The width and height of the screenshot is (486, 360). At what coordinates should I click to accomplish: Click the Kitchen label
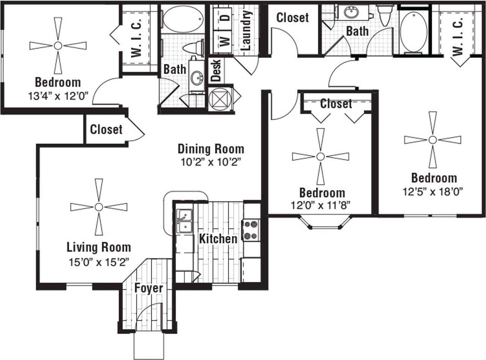tap(218, 239)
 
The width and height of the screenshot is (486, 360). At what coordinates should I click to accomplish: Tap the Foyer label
tap(149, 288)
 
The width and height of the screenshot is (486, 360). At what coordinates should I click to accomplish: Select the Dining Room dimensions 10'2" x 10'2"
tap(211, 162)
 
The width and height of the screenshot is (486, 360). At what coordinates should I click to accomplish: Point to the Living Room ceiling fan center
tap(99, 207)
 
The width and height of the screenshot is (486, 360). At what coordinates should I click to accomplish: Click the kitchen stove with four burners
tap(251, 230)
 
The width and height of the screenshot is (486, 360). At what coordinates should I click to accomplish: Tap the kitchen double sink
tap(185, 221)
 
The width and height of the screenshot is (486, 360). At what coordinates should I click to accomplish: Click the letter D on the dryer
tap(227, 17)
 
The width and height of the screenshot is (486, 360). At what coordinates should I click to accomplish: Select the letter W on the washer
tap(225, 42)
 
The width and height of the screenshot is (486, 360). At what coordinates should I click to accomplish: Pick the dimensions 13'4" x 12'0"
tap(58, 96)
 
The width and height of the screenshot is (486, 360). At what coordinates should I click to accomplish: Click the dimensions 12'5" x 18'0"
tap(433, 192)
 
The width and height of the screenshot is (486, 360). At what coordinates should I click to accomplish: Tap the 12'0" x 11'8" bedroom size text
tap(321, 205)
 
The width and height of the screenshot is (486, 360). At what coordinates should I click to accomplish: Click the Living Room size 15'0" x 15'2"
tap(99, 262)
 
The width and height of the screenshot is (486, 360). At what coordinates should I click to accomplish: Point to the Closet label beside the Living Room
tap(106, 129)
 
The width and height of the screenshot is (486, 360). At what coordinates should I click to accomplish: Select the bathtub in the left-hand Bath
tap(183, 19)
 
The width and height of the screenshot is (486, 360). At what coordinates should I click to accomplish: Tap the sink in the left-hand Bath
tap(197, 78)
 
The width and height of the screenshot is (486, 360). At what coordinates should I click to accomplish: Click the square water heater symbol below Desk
tap(220, 99)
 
